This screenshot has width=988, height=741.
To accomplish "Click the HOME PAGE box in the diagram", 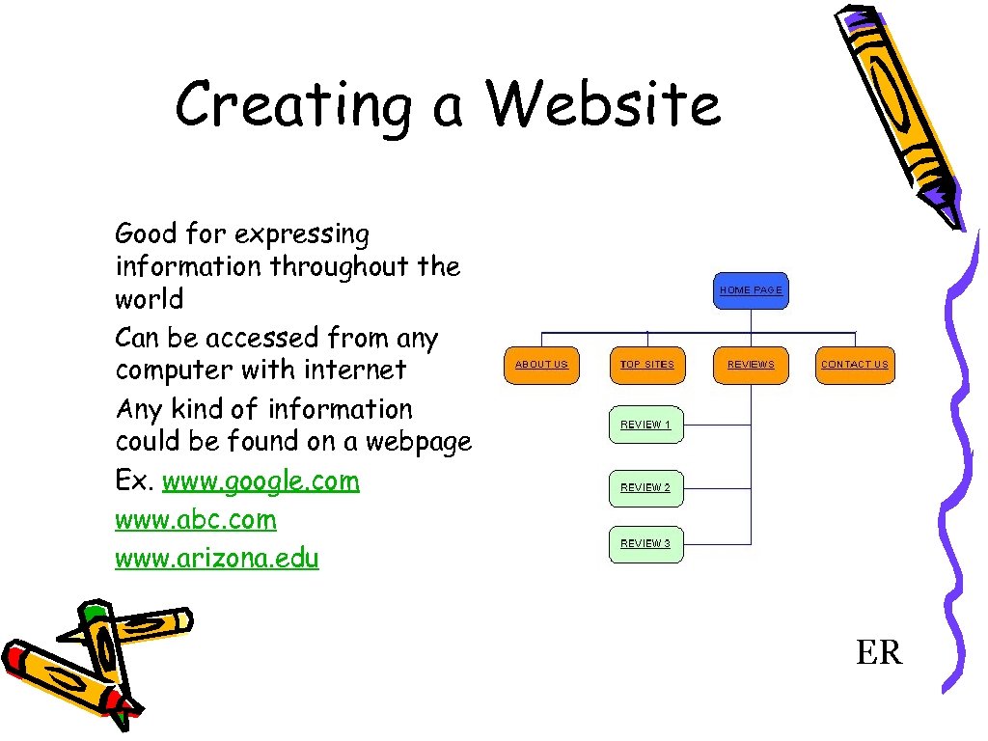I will [x=751, y=289].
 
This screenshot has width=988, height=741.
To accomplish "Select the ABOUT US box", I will [x=541, y=365].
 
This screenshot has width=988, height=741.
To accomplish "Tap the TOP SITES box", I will [x=646, y=365].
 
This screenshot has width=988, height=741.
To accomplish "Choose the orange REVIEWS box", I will [x=751, y=365].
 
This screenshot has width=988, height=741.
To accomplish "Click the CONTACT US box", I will [x=854, y=365].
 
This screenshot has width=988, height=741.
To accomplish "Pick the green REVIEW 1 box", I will [x=645, y=425].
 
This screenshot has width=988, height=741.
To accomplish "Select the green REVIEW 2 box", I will [x=645, y=487].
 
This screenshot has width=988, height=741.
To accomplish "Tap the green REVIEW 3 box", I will [x=645, y=543].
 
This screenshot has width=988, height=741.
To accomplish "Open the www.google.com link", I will [x=261, y=480].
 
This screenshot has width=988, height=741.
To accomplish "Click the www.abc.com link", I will [x=195, y=519].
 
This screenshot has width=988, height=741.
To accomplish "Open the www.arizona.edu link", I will [x=216, y=558].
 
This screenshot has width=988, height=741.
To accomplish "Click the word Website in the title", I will [x=604, y=104].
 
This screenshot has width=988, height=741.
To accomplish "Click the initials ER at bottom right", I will [x=878, y=653].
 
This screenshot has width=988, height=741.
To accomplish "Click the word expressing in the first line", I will [x=301, y=234].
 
